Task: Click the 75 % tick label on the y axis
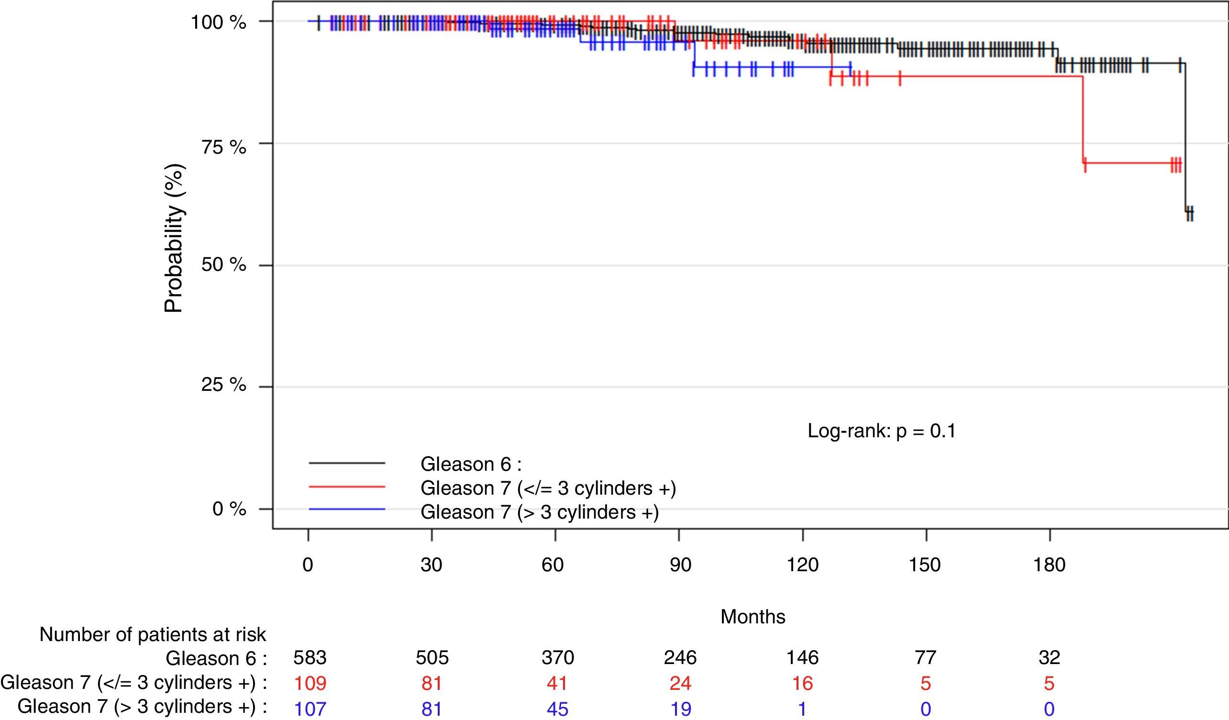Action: (x=223, y=147)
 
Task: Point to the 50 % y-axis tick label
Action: (x=223, y=265)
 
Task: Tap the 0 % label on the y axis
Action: (x=229, y=509)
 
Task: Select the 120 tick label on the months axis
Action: (x=802, y=565)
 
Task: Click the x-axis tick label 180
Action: (x=1049, y=565)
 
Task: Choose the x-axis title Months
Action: (x=753, y=617)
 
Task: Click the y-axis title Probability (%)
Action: (x=174, y=238)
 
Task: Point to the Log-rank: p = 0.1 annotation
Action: (x=881, y=431)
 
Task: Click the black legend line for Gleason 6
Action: (x=347, y=463)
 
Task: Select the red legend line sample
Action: (x=347, y=487)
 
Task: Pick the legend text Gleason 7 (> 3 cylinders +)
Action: (x=540, y=512)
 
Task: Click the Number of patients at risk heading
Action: (x=153, y=635)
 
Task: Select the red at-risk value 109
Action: (x=310, y=683)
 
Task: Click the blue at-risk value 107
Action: (x=310, y=709)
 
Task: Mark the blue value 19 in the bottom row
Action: (x=681, y=709)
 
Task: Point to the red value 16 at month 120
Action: (x=802, y=683)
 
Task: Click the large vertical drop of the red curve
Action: (x=1083, y=120)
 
